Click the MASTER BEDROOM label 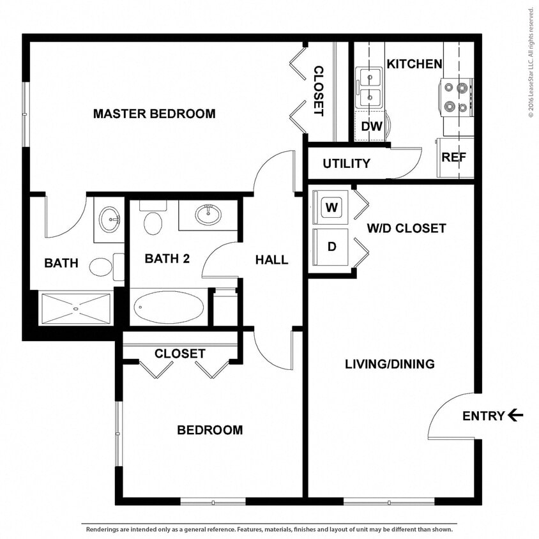[x=154, y=114]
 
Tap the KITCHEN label [x=414, y=64]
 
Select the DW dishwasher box [x=371, y=126]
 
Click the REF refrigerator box [x=454, y=157]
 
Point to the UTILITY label [x=346, y=163]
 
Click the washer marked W [x=331, y=208]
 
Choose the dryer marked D [x=331, y=247]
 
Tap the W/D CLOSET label [x=406, y=228]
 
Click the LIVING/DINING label [x=390, y=364]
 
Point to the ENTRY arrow [x=515, y=416]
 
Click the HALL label [x=271, y=260]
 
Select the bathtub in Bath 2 [x=169, y=308]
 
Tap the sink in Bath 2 [x=208, y=215]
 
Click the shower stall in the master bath [x=76, y=308]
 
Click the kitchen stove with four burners [x=455, y=96]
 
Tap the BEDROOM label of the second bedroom [x=209, y=430]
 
